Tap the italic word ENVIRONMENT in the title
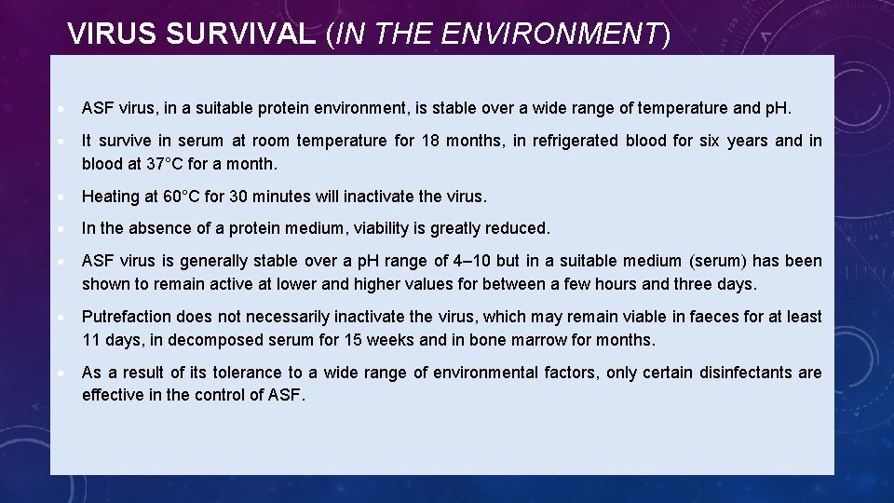pos(549,34)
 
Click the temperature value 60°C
pos(183,197)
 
